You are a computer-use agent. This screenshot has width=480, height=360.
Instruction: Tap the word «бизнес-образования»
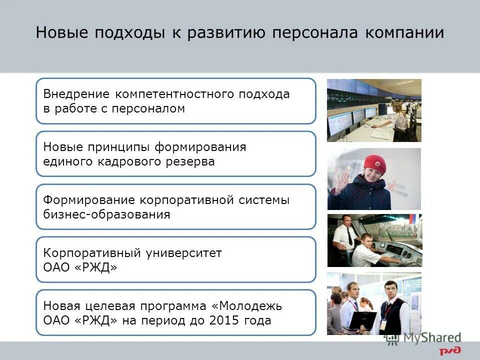(106, 214)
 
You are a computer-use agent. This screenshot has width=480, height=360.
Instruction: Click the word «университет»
(183, 253)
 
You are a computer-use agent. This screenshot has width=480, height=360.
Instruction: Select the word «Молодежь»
(254, 305)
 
